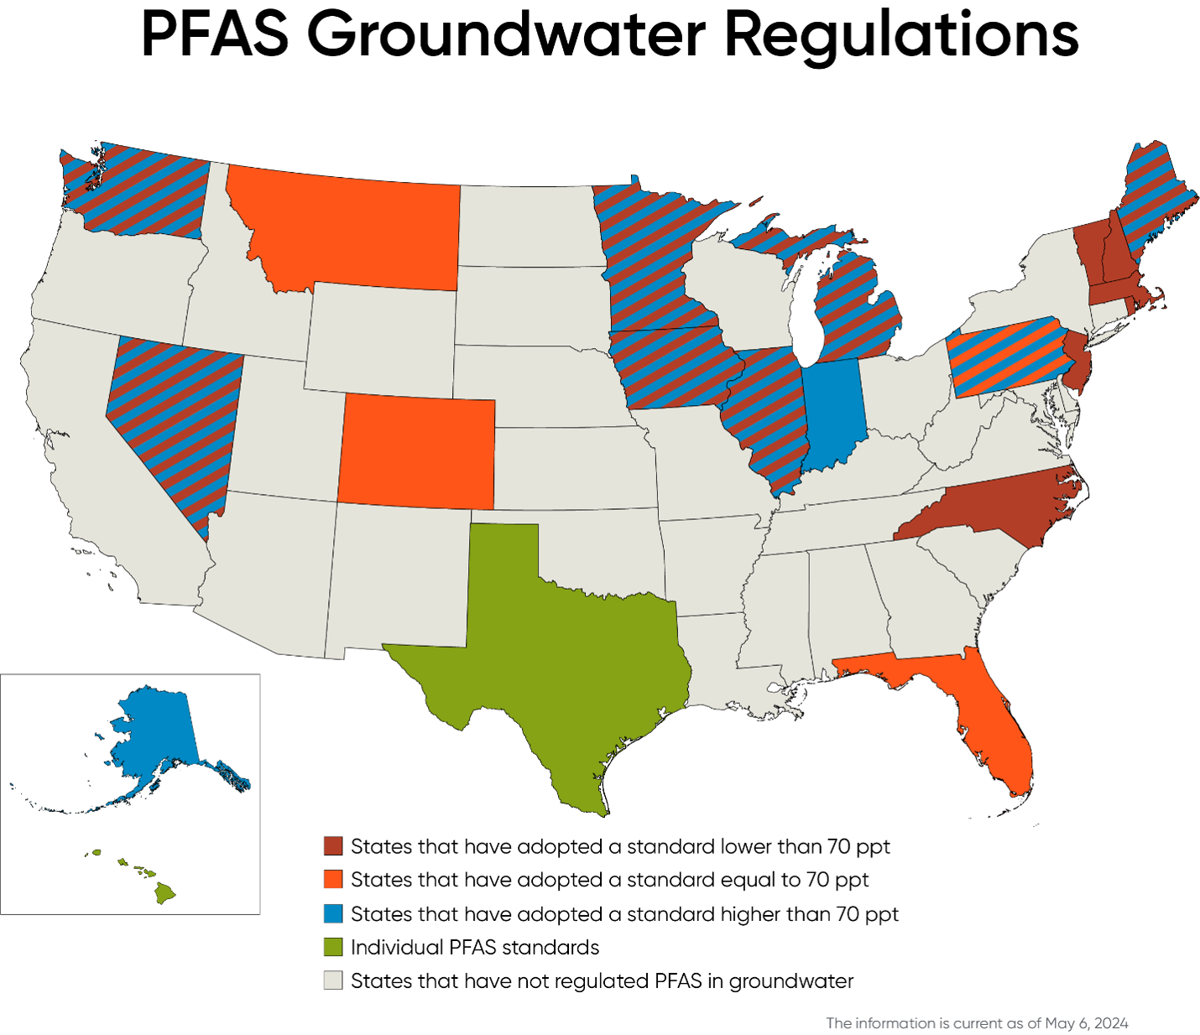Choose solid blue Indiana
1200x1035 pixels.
[x=833, y=411]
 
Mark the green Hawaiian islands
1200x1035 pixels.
[x=164, y=894]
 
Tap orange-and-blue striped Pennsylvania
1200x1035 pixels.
[x=1003, y=356]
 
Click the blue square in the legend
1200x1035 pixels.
[x=333, y=913]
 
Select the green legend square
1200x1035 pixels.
[x=333, y=947]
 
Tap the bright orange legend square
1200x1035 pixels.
[x=333, y=879]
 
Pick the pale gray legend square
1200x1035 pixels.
[x=333, y=980]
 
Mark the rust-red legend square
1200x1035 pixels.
[x=333, y=845]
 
